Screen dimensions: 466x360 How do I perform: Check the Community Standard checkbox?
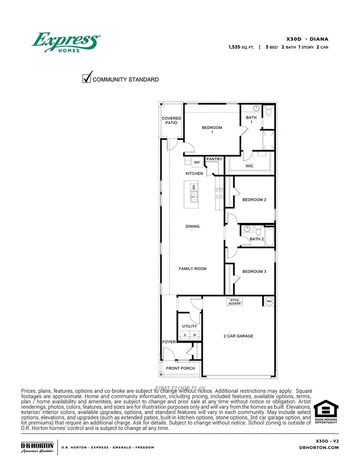point(86,78)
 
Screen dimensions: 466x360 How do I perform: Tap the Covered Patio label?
point(171,120)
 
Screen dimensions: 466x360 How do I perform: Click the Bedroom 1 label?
point(212,130)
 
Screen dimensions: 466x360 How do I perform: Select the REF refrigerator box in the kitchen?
point(197,162)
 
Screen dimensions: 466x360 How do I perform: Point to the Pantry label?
point(214,159)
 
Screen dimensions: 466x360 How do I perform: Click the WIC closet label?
point(249,166)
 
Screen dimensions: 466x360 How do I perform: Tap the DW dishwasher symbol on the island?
point(194,187)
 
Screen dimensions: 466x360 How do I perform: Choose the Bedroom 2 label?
point(254,200)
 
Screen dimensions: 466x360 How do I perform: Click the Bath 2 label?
point(256,239)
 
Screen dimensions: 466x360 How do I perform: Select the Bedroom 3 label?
point(254,272)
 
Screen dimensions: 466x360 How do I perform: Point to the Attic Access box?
point(234,302)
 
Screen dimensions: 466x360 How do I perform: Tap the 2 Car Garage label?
point(238,336)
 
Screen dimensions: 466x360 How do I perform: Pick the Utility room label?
point(190,326)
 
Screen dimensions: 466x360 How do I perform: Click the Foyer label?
point(168,342)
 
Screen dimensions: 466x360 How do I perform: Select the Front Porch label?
point(180,368)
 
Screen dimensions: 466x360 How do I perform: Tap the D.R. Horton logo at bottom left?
point(37,447)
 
